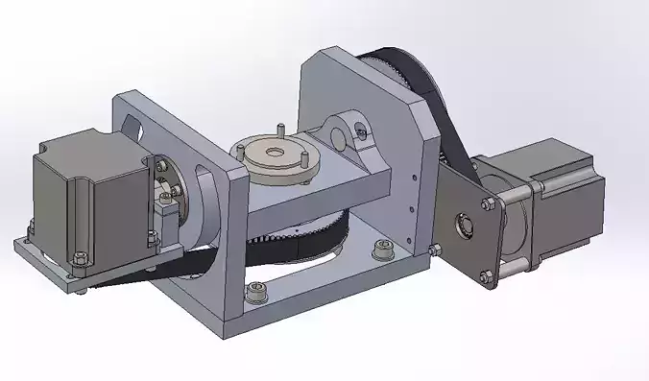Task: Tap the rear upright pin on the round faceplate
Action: (x=278, y=129)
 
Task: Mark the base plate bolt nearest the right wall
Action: (x=381, y=251)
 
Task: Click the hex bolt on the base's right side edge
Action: (x=437, y=251)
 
